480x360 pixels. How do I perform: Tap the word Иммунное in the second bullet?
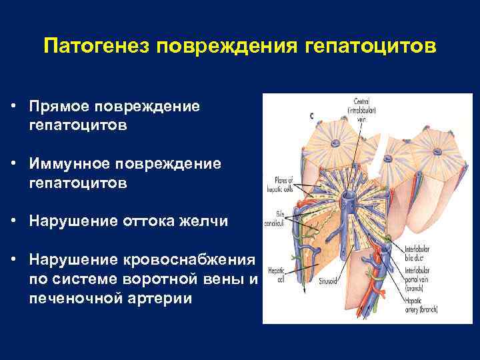pyautogui.click(x=72, y=163)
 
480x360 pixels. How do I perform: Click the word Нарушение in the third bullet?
pyautogui.click(x=74, y=220)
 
